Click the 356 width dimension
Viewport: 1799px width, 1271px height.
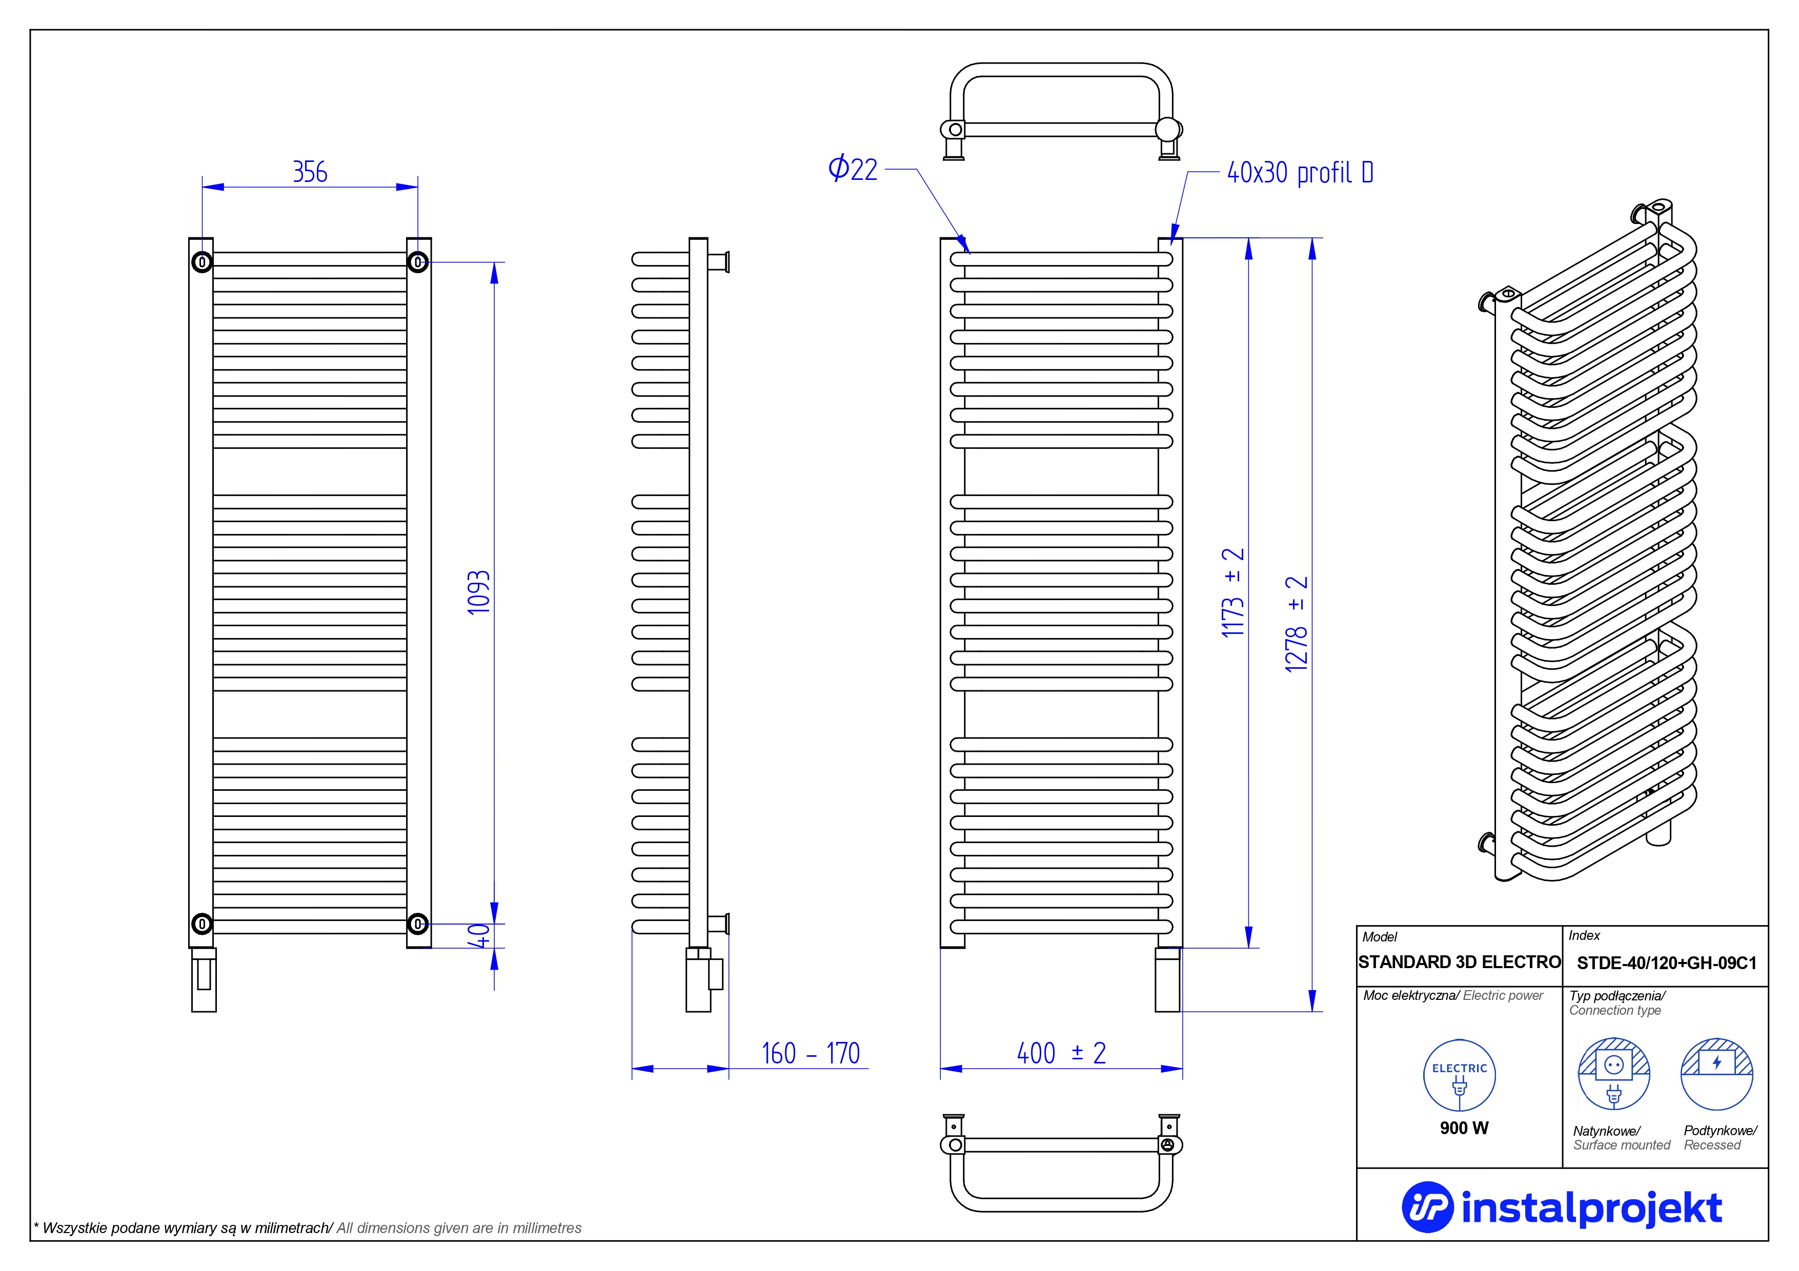310,172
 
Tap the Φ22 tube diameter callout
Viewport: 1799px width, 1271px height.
853,169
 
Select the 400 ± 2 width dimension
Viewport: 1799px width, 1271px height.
1061,1053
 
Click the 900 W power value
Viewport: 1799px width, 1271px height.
1464,1127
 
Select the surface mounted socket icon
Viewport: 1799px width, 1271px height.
1613,1074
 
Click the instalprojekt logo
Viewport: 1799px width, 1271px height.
1562,1207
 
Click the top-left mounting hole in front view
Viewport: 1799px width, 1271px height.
202,262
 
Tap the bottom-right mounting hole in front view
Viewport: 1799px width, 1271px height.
418,924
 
